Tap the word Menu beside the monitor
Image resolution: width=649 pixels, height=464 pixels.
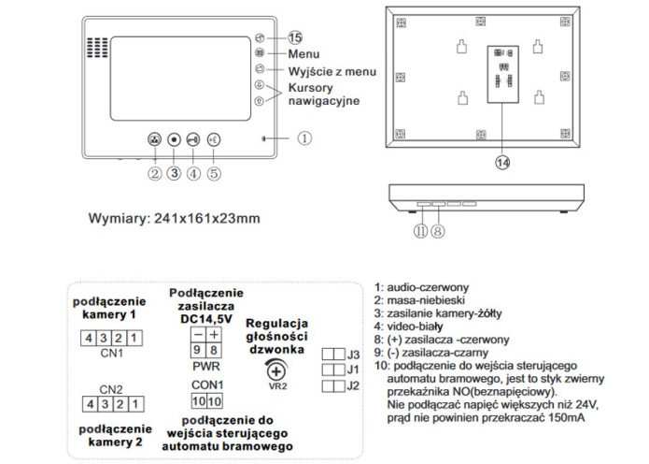[303, 54]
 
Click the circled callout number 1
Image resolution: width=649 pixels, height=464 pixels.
[304, 138]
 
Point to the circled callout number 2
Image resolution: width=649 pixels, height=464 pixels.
[154, 172]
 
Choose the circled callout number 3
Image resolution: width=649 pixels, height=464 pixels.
[174, 172]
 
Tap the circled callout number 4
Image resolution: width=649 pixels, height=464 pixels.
[193, 172]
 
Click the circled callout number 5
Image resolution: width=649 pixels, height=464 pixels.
[214, 172]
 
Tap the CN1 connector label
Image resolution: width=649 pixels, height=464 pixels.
[111, 353]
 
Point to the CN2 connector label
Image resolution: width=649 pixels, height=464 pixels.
[111, 388]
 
